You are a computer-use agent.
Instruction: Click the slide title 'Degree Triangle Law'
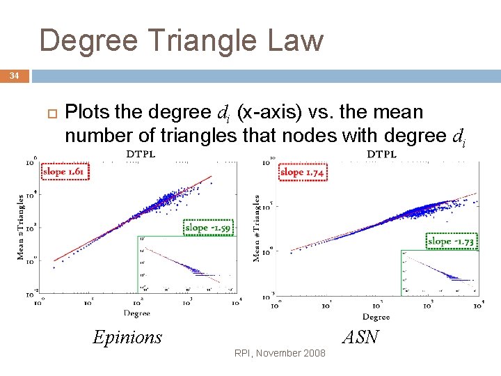click(x=182, y=40)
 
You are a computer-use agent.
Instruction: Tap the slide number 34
click(x=14, y=75)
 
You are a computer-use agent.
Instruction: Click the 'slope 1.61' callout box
click(x=66, y=171)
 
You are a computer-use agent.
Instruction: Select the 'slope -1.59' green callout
click(x=209, y=227)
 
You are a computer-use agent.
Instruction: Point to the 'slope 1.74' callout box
click(x=303, y=171)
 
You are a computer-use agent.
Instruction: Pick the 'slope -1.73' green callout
click(x=452, y=241)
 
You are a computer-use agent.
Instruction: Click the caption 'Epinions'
click(x=127, y=338)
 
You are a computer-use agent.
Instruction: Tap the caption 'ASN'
click(x=360, y=338)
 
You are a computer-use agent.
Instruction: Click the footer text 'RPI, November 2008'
click(x=280, y=354)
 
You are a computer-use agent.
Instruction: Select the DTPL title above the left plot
click(x=141, y=153)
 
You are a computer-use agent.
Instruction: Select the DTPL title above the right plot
click(x=381, y=154)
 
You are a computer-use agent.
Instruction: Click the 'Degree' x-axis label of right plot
click(x=376, y=317)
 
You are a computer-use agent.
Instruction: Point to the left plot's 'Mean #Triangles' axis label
click(x=21, y=226)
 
